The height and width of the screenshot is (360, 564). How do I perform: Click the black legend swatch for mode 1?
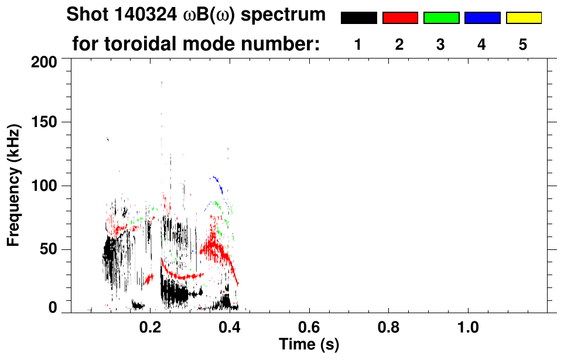[358, 18]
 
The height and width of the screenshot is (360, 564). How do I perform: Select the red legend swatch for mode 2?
[400, 18]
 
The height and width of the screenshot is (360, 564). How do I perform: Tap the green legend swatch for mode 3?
[441, 18]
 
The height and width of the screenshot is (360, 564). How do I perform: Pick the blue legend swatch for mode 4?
[482, 18]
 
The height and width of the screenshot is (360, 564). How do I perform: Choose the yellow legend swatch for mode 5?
[524, 18]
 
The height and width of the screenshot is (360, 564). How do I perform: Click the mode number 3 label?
[440, 44]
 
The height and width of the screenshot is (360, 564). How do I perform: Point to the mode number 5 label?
[523, 44]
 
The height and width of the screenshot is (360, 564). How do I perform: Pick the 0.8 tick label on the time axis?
[388, 325]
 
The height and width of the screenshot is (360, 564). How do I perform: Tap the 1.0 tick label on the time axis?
[468, 325]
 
